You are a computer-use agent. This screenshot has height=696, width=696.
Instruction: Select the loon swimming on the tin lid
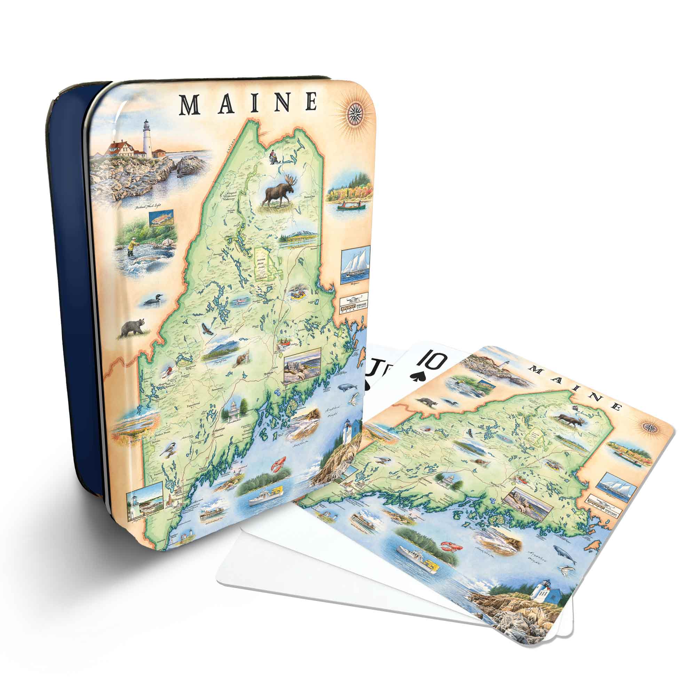pos(153,300)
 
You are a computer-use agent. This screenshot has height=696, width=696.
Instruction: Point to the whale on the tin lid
pos(346,387)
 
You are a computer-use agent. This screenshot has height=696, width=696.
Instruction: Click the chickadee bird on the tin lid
pos(168,450)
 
